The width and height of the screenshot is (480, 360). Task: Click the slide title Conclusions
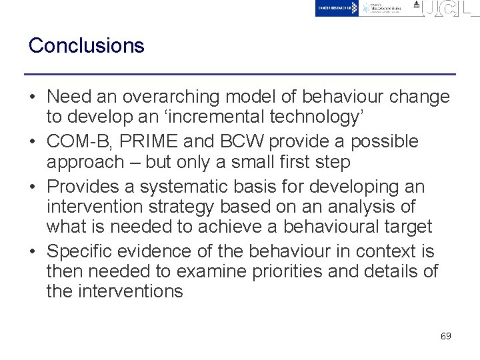86,46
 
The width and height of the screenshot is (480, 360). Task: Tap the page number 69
446,336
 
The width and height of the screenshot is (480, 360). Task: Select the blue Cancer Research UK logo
337,8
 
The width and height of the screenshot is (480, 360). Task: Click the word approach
85,162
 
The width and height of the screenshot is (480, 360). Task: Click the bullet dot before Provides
33,186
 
